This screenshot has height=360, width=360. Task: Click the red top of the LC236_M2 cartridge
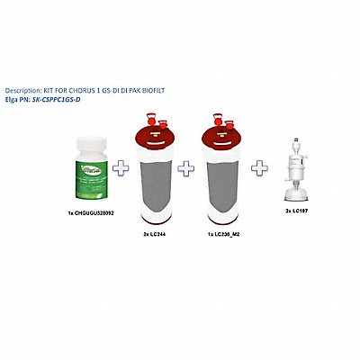point(224,151)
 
